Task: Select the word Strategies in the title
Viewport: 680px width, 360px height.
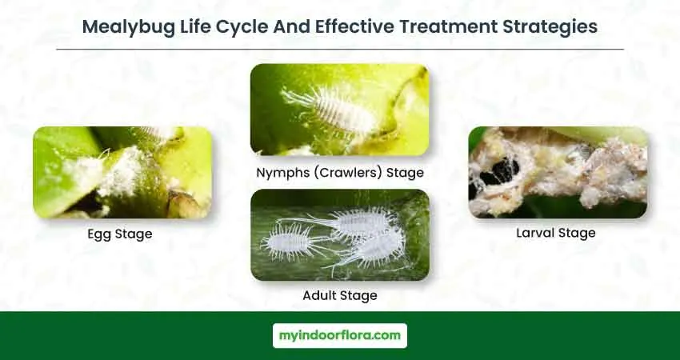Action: coord(550,27)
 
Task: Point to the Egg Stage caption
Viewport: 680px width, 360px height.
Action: coord(120,234)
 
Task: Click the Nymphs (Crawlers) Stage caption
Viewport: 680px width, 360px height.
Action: coord(340,173)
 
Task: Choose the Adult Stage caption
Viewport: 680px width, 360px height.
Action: coord(340,295)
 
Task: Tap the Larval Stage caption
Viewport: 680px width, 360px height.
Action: coord(555,233)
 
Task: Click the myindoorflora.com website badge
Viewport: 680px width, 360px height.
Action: coord(340,335)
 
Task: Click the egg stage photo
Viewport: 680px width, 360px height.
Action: coord(122,172)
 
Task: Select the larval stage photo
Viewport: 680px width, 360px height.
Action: coord(558,172)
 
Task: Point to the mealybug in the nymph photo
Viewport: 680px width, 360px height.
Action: coord(330,110)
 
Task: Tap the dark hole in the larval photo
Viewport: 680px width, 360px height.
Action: coord(500,171)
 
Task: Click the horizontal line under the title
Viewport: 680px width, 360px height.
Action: coord(340,50)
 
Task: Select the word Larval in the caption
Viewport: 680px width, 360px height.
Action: coord(534,233)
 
